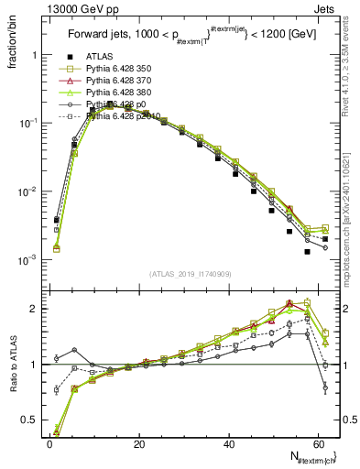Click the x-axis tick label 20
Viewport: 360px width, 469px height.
pyautogui.click(x=139, y=443)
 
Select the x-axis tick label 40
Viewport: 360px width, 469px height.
pyautogui.click(x=230, y=443)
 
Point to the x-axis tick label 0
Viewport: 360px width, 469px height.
pyautogui.click(x=49, y=443)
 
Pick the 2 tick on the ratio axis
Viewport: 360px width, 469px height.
pyautogui.click(x=34, y=309)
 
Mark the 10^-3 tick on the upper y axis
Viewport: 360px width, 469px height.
pyautogui.click(x=27, y=260)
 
